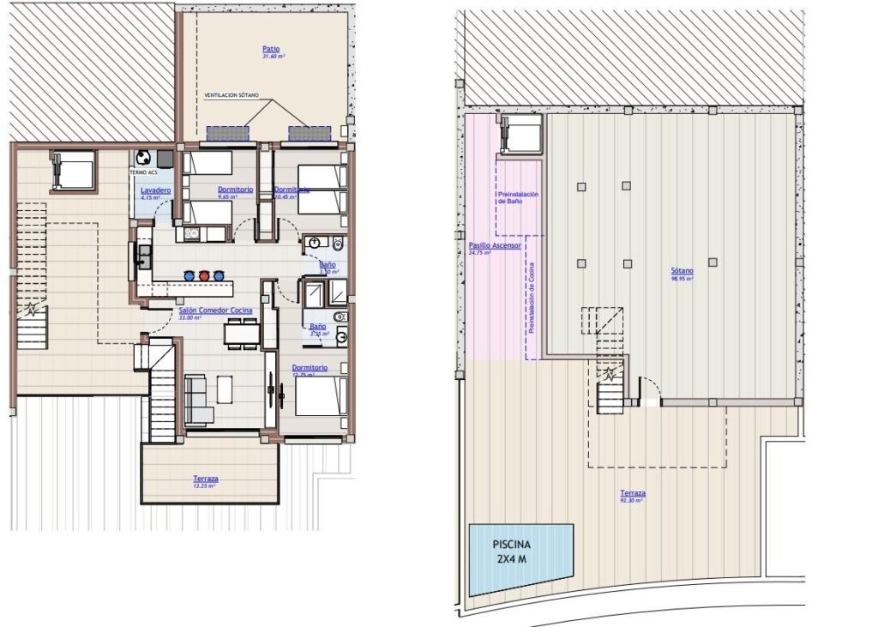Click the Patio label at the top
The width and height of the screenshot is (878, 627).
tap(272, 50)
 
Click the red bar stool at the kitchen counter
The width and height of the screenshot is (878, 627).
tap(204, 275)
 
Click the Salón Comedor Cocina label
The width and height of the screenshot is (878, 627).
tap(214, 310)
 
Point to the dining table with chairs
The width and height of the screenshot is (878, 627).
tap(241, 332)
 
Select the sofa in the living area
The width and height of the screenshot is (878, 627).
tap(198, 400)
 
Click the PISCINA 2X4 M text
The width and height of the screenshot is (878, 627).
tap(512, 551)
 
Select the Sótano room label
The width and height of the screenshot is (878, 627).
tap(683, 271)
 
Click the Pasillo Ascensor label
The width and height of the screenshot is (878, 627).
tap(495, 246)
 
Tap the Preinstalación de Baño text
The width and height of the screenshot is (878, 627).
tap(518, 198)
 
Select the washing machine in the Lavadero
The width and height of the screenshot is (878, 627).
tap(143, 159)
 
